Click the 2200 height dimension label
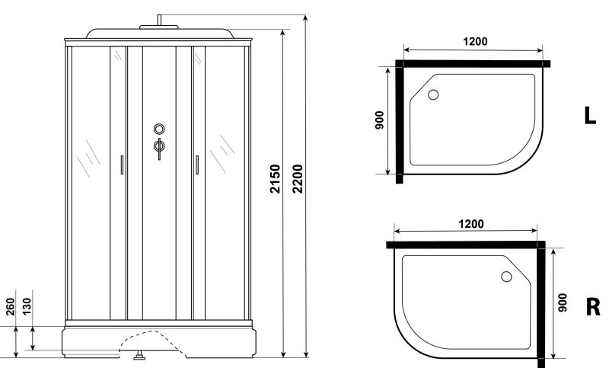click(x=298, y=179)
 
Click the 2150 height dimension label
click(x=275, y=179)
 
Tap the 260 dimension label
click(x=10, y=306)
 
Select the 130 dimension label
click(x=27, y=306)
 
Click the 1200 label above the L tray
click(x=475, y=41)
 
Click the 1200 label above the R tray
click(x=471, y=224)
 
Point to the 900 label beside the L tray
click(x=379, y=120)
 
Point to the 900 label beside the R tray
click(x=562, y=302)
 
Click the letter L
click(x=590, y=115)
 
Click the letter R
click(x=593, y=306)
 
